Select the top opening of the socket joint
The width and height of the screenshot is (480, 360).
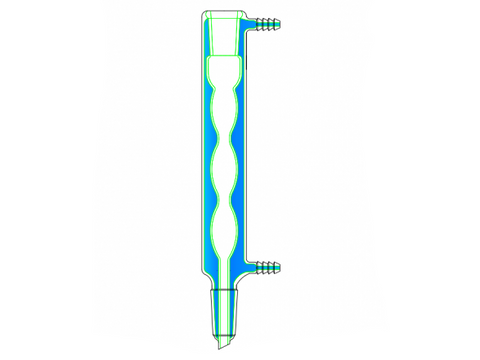coord(224,13)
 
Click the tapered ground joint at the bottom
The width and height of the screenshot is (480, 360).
coord(225,310)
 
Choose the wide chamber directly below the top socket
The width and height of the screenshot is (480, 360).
coord(224,70)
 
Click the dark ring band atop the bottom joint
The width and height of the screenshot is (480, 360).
coord(225,291)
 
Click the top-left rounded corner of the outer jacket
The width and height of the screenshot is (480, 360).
coord(201,14)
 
